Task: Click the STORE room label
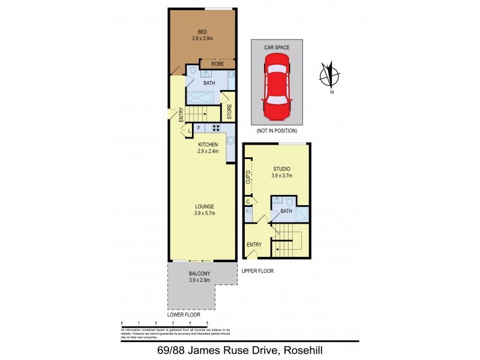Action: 229,112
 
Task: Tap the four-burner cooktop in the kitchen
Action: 214,128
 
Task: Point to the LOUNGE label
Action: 203,206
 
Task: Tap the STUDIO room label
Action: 281,169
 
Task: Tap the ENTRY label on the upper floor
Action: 254,244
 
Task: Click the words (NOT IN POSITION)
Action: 276,130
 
